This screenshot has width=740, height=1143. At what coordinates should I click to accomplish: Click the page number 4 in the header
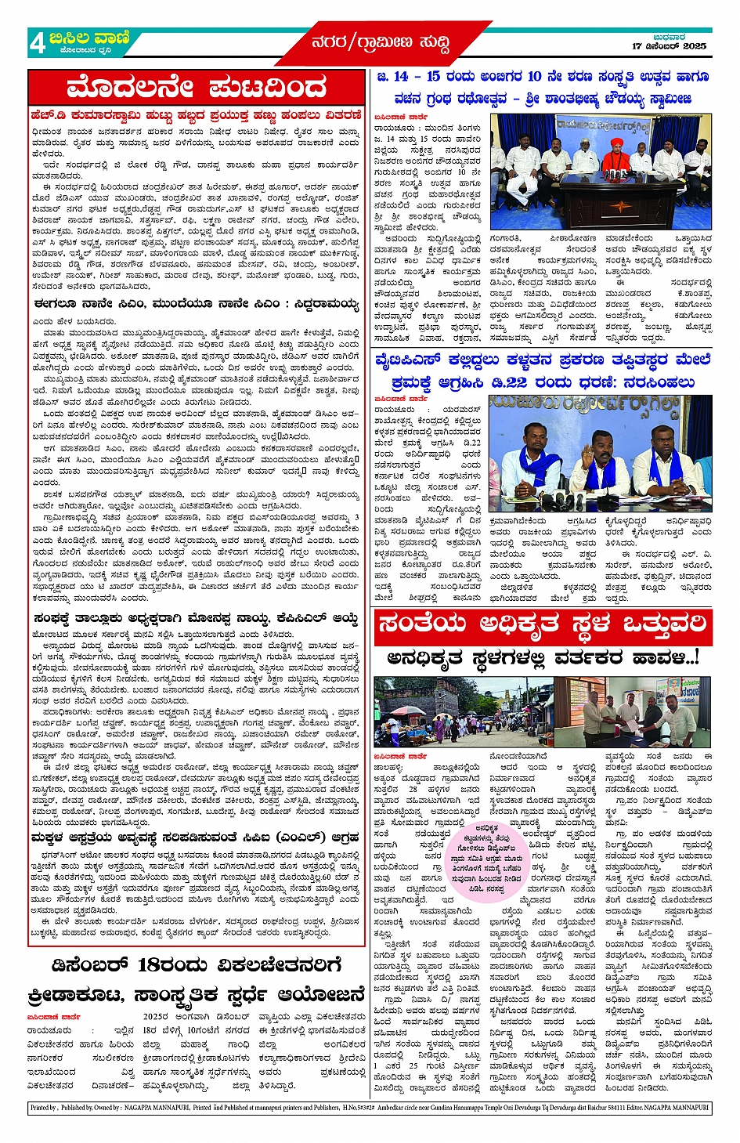coord(38,44)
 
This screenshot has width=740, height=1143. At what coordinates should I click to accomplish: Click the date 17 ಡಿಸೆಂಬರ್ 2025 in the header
coord(669,46)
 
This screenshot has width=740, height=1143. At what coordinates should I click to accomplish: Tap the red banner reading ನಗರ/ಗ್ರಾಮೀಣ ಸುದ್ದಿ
coord(381,42)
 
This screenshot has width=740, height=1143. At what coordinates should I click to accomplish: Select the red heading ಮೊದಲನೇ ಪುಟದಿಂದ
coord(197,87)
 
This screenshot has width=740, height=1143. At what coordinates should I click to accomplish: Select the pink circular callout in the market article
coord(486,859)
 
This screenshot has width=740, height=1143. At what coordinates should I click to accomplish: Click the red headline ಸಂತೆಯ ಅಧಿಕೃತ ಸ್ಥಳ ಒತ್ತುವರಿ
coord(542,625)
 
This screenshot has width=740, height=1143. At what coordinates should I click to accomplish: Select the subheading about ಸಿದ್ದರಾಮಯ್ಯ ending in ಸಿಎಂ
coord(197,304)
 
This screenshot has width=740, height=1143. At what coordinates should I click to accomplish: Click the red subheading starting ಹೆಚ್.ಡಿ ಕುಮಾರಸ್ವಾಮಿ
coord(197,115)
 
